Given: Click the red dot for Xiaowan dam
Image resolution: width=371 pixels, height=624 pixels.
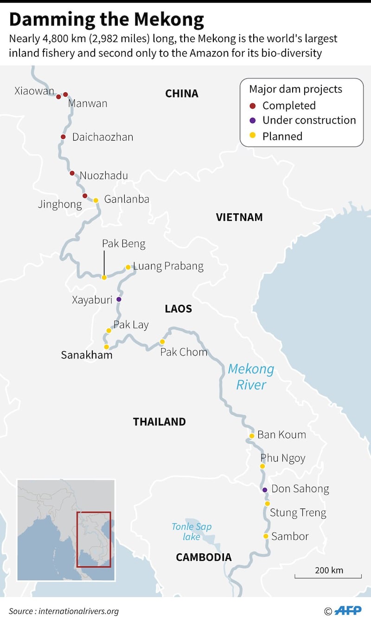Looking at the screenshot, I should pyautogui.click(x=58, y=96).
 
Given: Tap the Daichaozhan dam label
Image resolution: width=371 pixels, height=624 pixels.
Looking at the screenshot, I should pyautogui.click(x=102, y=137).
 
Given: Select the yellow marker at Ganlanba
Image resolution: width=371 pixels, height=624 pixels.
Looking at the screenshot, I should pyautogui.click(x=96, y=200).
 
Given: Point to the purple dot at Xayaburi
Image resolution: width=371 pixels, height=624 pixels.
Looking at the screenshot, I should pyautogui.click(x=119, y=299).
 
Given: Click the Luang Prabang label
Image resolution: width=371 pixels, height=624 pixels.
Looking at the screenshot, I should pyautogui.click(x=168, y=266).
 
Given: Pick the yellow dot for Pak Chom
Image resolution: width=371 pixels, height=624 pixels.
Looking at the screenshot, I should pyautogui.click(x=162, y=341).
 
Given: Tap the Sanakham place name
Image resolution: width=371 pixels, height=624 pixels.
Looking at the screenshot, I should pyautogui.click(x=87, y=355).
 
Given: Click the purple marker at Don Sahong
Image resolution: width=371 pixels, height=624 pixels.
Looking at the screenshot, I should pyautogui.click(x=265, y=490).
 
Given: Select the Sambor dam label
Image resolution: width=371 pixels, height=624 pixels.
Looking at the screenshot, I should pyautogui.click(x=290, y=536).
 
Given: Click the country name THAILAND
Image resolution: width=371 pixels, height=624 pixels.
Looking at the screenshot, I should pyautogui.click(x=159, y=422).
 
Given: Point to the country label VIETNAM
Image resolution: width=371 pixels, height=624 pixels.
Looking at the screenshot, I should pyautogui.click(x=239, y=217).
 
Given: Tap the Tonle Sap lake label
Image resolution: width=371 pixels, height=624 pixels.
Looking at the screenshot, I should pyautogui.click(x=192, y=532).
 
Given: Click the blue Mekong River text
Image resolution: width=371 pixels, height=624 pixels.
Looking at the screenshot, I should pyautogui.click(x=251, y=377).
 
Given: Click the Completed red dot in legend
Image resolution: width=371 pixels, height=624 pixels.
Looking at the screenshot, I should pyautogui.click(x=252, y=106).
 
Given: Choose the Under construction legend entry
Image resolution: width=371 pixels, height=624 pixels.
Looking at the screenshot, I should pyautogui.click(x=309, y=120).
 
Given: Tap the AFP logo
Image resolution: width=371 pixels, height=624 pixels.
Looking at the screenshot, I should pyautogui.click(x=348, y=611).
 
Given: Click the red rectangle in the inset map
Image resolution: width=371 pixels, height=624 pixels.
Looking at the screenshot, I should pyautogui.click(x=94, y=539).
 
